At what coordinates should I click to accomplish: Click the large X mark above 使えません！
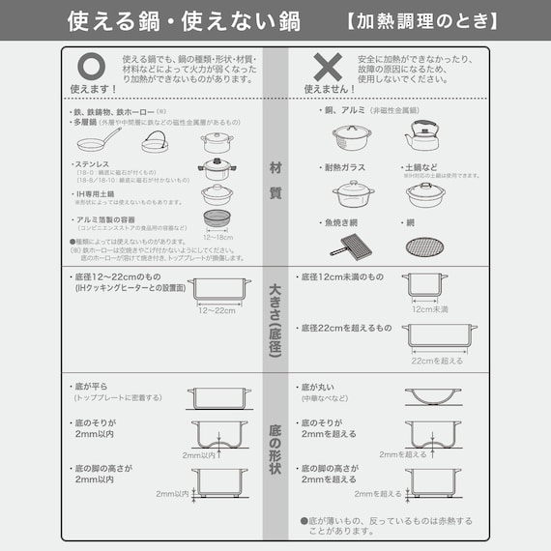point(329,65)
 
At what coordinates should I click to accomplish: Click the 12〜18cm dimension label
point(219,237)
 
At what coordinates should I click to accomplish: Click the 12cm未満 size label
point(428,309)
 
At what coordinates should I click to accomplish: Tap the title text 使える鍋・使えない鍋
point(183,19)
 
